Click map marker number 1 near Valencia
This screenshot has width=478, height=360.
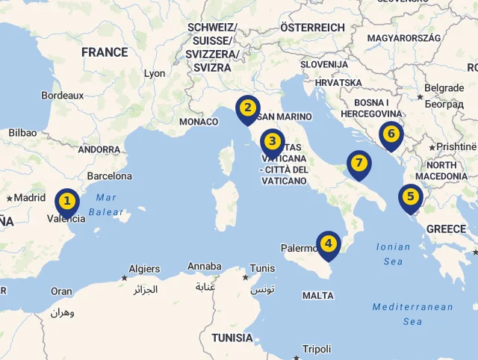67,201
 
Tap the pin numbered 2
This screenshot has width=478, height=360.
247,108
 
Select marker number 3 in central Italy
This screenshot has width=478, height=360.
272,140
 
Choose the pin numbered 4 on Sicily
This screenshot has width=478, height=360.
328,243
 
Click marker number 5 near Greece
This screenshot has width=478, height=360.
410,196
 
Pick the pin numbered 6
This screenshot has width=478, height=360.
391,134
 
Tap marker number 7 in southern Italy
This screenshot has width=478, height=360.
358,163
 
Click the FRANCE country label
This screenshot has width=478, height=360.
105,52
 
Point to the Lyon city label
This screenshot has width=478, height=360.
155,74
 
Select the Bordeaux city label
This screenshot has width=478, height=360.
63,96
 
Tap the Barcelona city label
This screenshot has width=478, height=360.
109,176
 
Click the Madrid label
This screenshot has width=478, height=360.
30,198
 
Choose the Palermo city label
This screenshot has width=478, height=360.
297,248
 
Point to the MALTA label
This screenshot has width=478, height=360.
318,296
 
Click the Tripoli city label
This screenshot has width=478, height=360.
317,349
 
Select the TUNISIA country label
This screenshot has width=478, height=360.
232,338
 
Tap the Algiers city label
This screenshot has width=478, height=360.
144,269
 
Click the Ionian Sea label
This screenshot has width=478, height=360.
394,254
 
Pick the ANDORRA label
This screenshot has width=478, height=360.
99,149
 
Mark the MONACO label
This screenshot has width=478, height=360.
199,122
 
